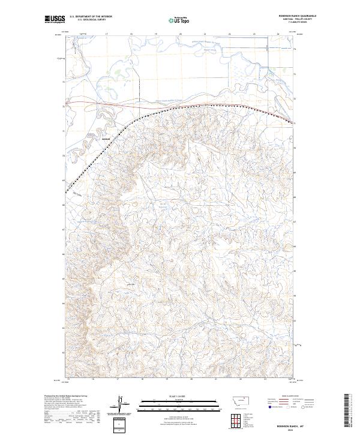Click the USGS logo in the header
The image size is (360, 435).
click(x=55, y=19)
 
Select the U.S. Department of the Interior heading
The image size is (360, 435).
click(x=91, y=17)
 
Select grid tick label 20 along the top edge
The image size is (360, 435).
click(x=180, y=34)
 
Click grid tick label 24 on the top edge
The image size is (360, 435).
click(x=278, y=34)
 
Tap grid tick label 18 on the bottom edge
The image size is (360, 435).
click(x=142, y=379)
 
